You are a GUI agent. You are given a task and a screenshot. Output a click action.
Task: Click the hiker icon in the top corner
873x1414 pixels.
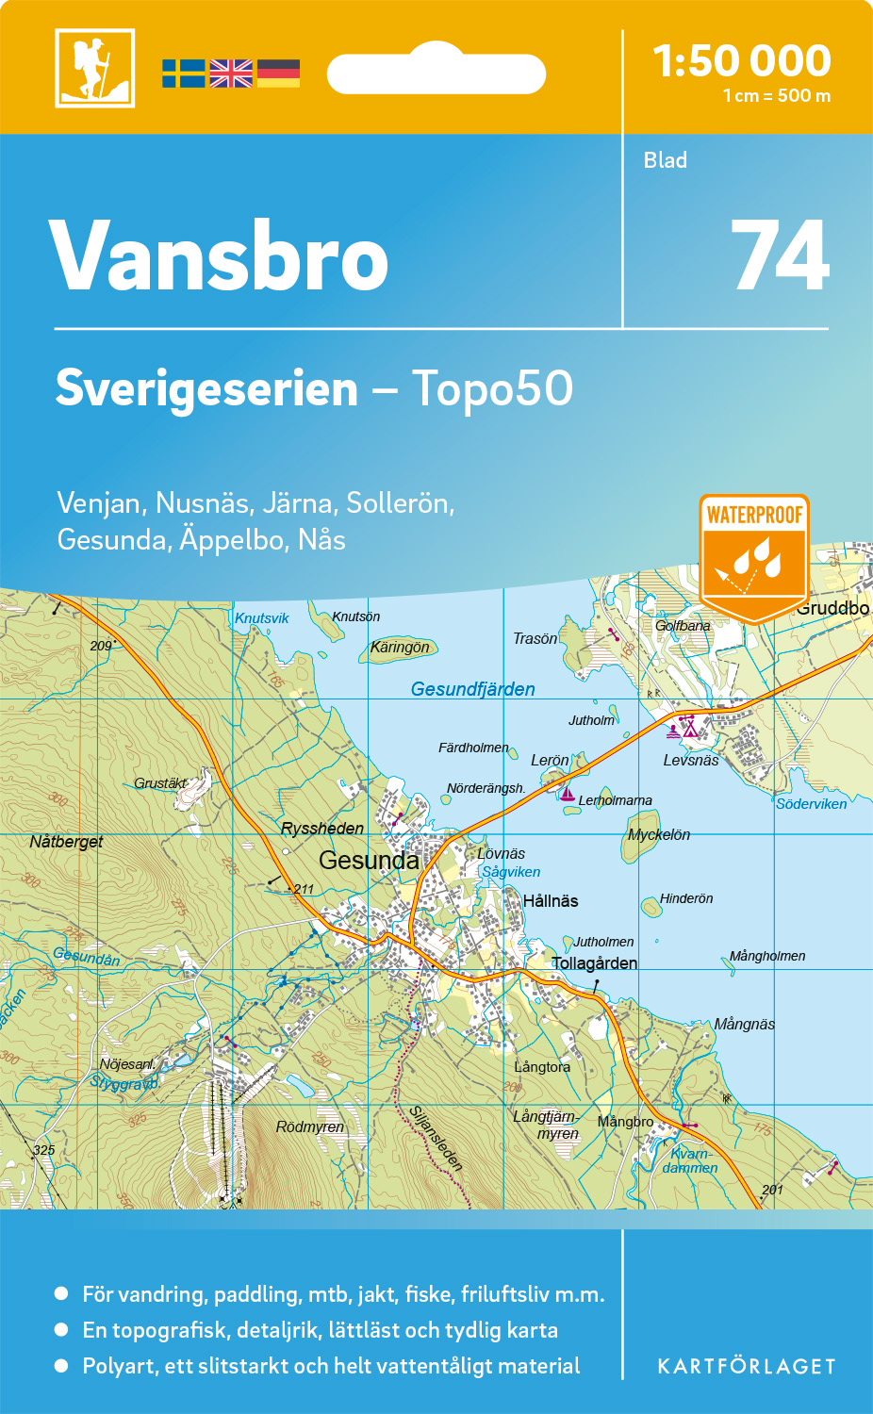(x=94, y=68)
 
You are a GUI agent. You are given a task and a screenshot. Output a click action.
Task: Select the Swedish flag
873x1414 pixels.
(x=183, y=74)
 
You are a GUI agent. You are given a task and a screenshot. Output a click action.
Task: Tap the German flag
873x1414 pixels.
(x=278, y=74)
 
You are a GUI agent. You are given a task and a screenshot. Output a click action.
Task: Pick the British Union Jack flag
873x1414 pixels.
(x=231, y=74)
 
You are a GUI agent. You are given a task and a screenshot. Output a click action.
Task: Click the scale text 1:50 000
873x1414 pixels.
(x=742, y=61)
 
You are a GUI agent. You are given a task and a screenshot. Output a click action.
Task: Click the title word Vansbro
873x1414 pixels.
(x=219, y=256)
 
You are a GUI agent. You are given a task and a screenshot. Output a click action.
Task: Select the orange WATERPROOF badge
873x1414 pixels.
(x=754, y=556)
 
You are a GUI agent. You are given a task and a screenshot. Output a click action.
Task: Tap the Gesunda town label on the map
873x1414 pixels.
(x=369, y=860)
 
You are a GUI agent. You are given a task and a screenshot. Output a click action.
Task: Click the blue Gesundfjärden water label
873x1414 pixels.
(x=472, y=689)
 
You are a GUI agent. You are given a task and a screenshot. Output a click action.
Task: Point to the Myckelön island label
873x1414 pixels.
(x=659, y=834)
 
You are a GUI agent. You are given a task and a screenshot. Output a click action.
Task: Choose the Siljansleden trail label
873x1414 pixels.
(x=436, y=1139)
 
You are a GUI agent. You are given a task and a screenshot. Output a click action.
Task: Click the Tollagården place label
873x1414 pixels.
(x=594, y=962)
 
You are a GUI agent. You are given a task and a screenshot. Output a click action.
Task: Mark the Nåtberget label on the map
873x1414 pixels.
(x=66, y=841)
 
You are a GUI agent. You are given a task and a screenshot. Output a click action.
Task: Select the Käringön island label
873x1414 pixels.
(x=400, y=647)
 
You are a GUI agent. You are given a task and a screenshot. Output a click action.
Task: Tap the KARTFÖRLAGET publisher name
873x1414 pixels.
(x=746, y=1366)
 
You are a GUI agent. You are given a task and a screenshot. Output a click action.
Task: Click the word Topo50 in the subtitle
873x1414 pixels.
(x=492, y=388)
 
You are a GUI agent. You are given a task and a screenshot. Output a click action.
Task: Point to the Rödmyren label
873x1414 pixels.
(x=310, y=1126)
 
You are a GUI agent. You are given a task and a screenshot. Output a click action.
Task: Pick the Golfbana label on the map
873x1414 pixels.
(x=683, y=625)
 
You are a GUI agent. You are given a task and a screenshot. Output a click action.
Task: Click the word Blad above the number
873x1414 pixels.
(x=665, y=160)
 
